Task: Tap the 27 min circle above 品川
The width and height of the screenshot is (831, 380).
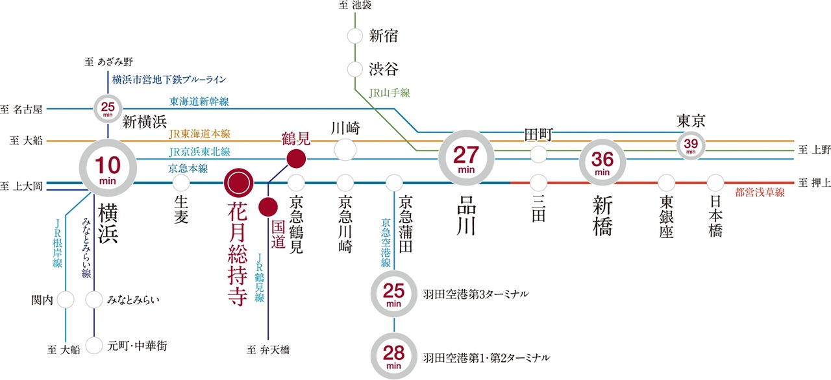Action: tap(466, 158)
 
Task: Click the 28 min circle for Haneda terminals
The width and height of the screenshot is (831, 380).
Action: tap(394, 355)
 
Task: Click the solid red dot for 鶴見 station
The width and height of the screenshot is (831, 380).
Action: tap(296, 158)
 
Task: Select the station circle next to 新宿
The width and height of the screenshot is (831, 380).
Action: tap(354, 36)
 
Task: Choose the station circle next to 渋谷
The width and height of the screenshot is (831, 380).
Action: tap(354, 68)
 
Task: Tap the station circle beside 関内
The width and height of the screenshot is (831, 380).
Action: tap(66, 300)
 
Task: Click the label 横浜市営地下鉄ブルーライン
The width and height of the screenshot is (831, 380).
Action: tap(169, 80)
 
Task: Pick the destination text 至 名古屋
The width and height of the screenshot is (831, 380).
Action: tap(23, 109)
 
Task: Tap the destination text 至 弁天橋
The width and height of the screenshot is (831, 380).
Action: tap(268, 350)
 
